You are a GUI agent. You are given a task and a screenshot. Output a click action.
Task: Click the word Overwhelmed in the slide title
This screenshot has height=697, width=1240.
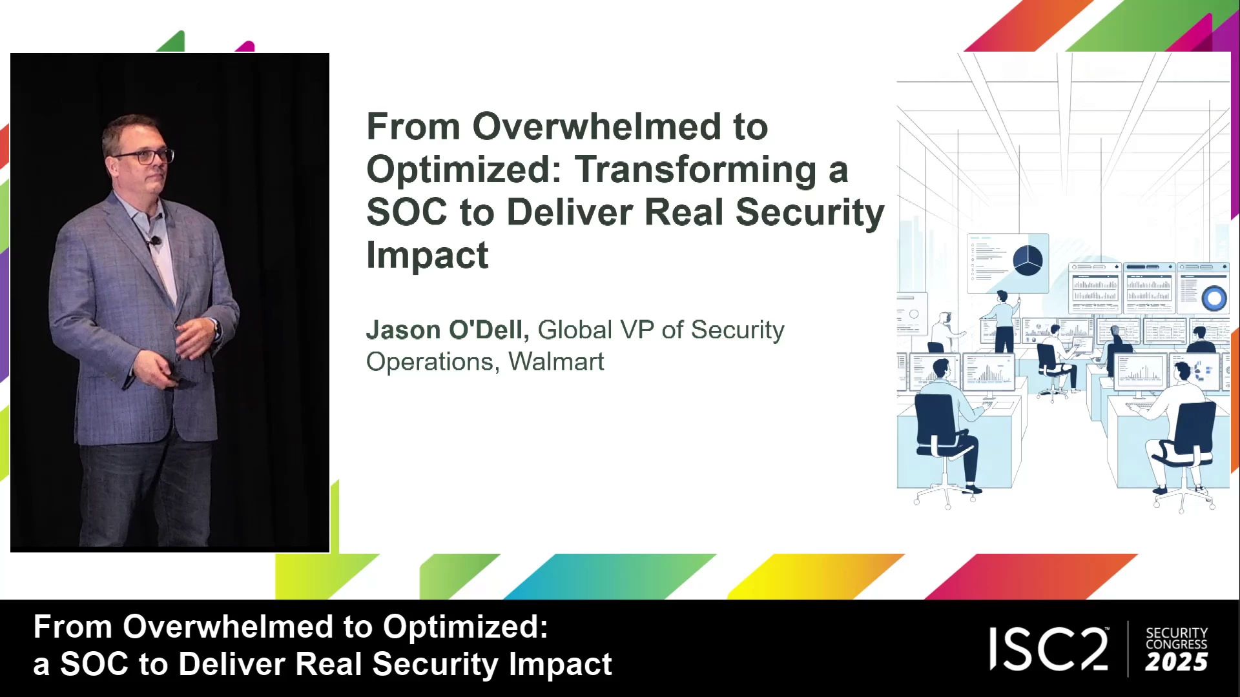coord(597,126)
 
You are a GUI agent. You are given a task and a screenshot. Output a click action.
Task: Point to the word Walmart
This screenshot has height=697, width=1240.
coord(556,361)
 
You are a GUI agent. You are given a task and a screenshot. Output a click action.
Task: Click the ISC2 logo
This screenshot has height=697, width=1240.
coord(1049,649)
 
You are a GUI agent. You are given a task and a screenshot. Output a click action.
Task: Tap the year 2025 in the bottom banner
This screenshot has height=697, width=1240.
coord(1176,662)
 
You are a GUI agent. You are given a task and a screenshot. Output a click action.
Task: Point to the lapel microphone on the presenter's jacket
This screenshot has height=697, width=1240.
coord(154,242)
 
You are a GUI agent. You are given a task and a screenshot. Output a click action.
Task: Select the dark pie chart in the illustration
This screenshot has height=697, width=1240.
coord(1027,261)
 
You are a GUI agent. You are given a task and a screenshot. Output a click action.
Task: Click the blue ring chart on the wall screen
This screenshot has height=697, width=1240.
coord(1214,298)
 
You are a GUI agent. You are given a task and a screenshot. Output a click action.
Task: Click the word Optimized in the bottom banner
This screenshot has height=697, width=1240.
coord(465,627)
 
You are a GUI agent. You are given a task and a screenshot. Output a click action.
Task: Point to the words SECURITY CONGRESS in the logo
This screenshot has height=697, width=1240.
coord(1176,638)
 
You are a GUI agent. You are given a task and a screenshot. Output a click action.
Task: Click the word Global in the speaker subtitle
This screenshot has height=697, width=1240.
coord(575,330)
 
